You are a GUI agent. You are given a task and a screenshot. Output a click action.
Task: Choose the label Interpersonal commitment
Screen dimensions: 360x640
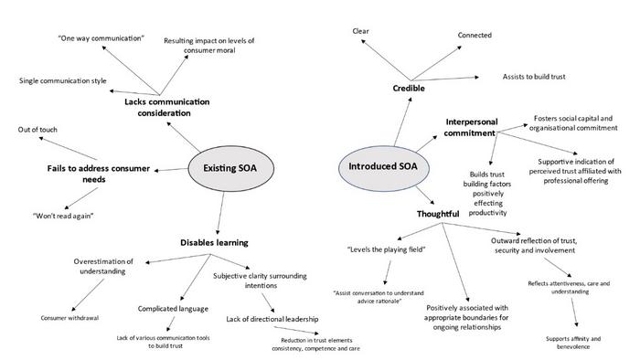(475, 127)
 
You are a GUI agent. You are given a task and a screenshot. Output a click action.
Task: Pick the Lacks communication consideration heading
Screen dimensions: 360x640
(158, 107)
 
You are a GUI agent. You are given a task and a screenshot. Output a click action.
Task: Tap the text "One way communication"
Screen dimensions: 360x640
(101, 38)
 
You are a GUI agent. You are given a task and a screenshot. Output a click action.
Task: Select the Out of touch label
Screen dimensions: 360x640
(37, 130)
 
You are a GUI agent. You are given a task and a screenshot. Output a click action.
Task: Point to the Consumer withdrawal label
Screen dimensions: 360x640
(69, 318)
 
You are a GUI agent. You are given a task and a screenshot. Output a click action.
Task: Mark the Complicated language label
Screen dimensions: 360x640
(174, 309)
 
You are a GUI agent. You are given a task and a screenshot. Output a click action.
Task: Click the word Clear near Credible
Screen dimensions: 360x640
(360, 31)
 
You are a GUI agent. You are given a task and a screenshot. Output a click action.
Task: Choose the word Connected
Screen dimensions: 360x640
(475, 36)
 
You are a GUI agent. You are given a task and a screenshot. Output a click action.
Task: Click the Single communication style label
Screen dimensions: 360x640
(62, 81)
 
